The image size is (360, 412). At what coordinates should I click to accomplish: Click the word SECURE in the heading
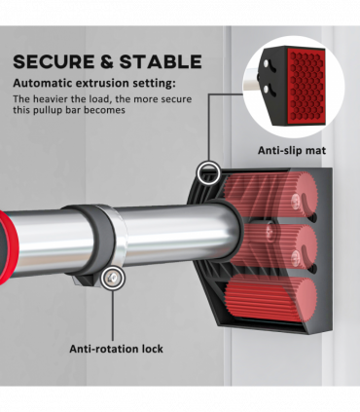[54, 61]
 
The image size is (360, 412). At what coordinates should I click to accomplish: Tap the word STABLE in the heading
[161, 61]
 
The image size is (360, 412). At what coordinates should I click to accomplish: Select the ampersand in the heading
[107, 61]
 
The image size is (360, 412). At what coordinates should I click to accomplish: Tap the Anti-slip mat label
[292, 150]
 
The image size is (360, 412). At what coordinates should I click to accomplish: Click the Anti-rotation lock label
[116, 349]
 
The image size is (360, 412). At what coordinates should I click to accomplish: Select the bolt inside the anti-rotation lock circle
[113, 278]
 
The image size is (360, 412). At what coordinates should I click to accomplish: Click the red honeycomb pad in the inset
[306, 86]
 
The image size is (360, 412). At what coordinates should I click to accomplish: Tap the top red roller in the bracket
[270, 195]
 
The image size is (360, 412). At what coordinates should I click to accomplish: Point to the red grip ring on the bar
[7, 246]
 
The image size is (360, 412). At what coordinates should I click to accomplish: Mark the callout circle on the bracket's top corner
[208, 172]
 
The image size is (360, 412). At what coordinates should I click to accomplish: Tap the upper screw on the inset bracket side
[266, 63]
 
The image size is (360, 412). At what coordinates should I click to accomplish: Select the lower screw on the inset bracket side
[266, 89]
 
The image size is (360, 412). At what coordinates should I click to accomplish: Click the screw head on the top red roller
[295, 199]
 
